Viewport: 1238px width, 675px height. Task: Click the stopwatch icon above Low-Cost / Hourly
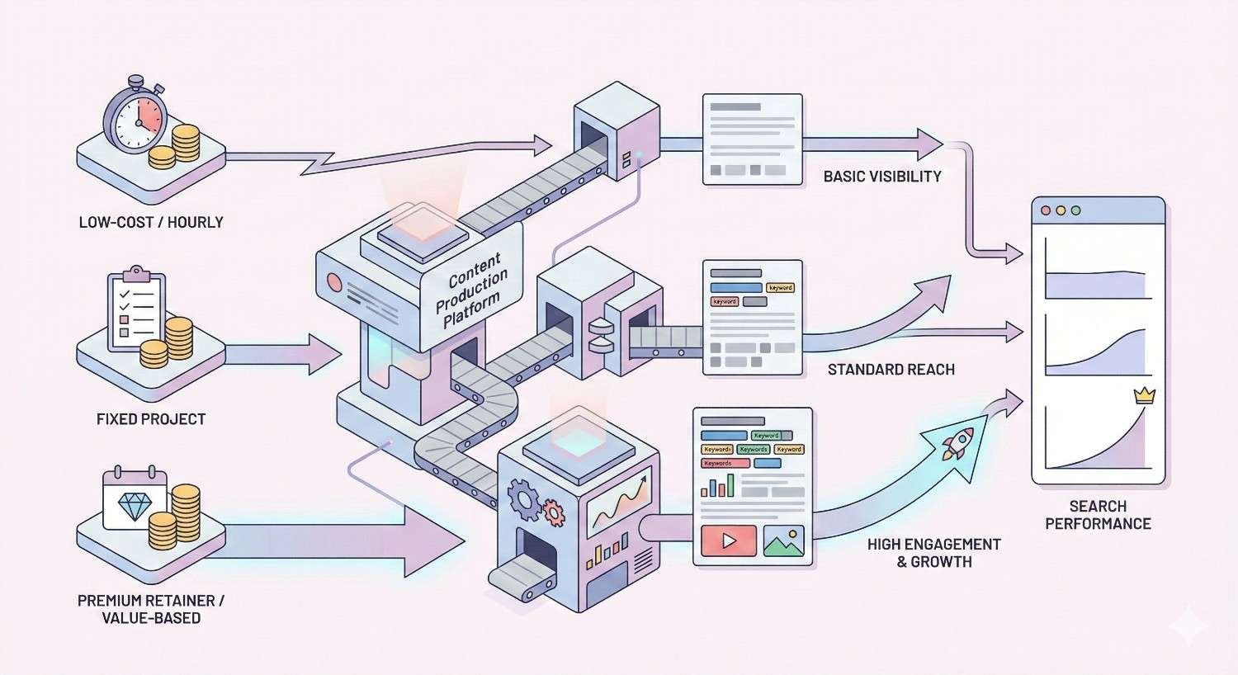[135, 118]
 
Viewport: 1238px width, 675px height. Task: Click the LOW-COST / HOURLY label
[151, 222]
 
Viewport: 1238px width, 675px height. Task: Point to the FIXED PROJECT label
[151, 419]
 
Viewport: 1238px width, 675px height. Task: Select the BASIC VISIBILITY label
[882, 176]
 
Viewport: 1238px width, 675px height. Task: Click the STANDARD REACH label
[891, 370]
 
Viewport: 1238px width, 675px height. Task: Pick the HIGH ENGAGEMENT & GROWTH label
[933, 553]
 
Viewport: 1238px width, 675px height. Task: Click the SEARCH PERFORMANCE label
[1098, 515]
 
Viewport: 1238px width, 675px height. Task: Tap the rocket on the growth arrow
[958, 443]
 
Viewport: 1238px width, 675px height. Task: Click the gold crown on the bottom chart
[1144, 395]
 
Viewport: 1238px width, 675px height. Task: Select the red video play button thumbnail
[728, 540]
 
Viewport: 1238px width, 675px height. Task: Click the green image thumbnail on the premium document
[783, 540]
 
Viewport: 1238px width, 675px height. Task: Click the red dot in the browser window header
[1047, 210]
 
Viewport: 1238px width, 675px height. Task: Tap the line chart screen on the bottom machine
[619, 501]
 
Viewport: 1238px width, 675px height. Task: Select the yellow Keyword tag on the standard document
[780, 288]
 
